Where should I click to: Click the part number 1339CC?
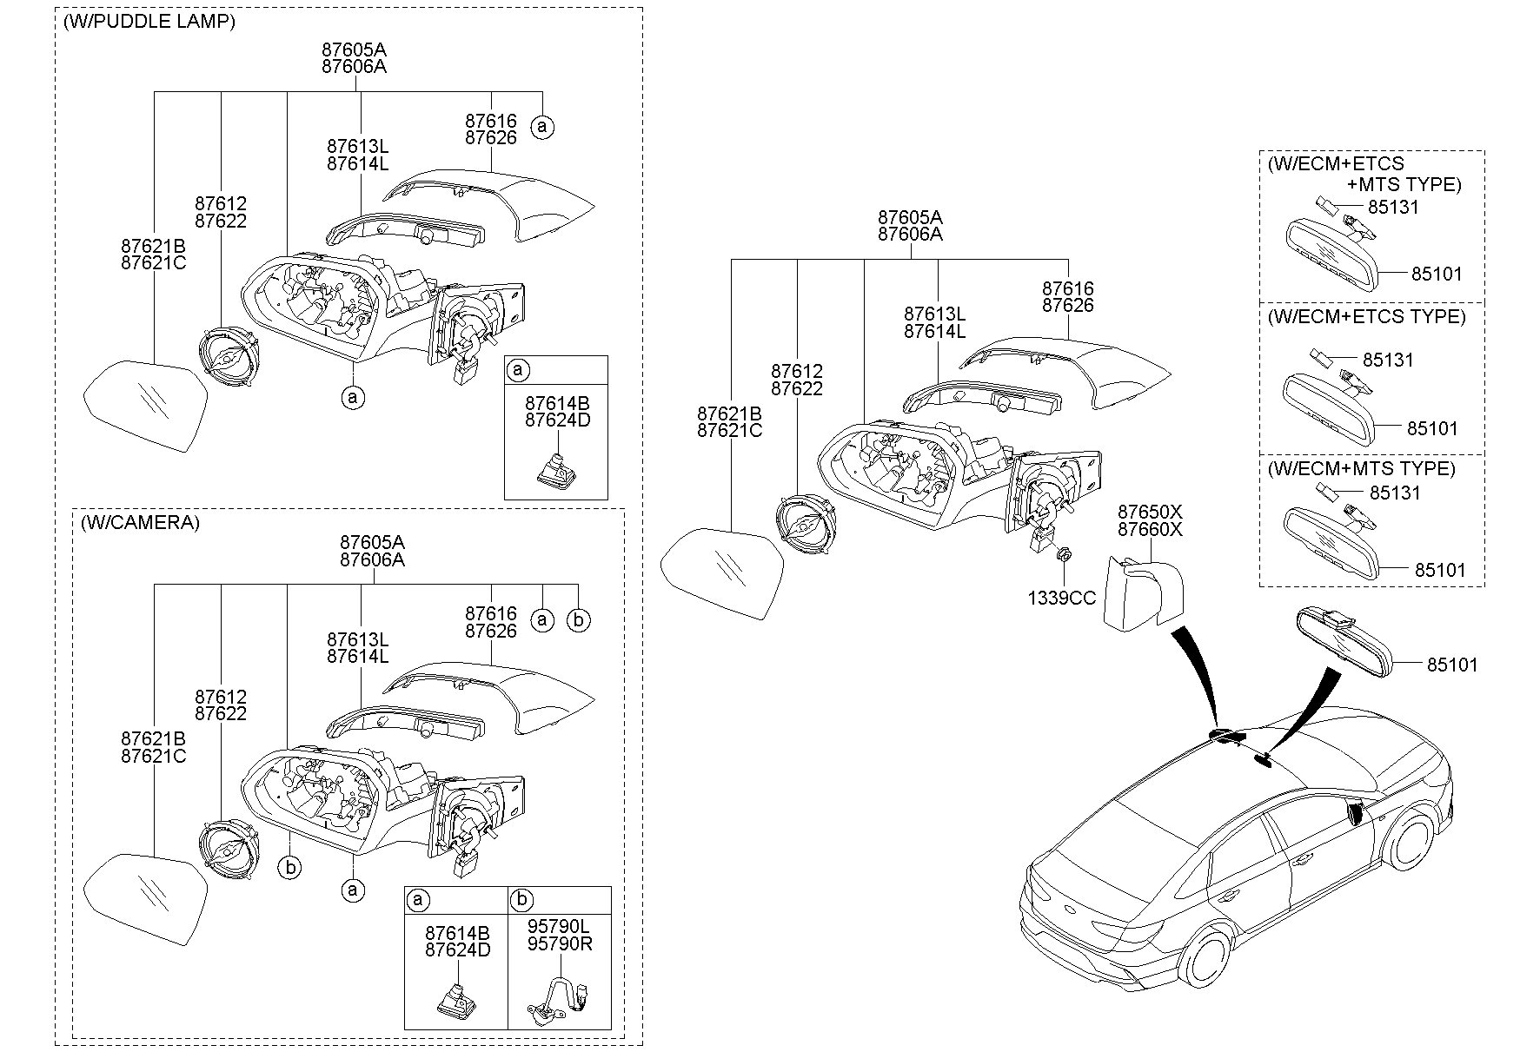pos(1061,598)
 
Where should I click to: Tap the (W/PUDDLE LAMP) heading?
pos(149,23)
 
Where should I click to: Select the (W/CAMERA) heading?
pos(139,523)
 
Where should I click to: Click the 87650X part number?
pos(1150,512)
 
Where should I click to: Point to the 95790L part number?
pos(560,927)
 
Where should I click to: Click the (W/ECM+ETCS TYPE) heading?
pos(1366,316)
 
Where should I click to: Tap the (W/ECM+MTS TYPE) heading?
pos(1361,468)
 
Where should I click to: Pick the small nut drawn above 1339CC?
pos(1063,554)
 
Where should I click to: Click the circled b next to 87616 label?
pos(578,619)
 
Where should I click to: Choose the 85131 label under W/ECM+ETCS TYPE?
pos(1388,360)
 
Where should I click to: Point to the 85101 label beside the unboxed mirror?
pos(1451,665)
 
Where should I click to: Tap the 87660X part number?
pos(1150,529)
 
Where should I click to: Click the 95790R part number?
pos(560,943)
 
